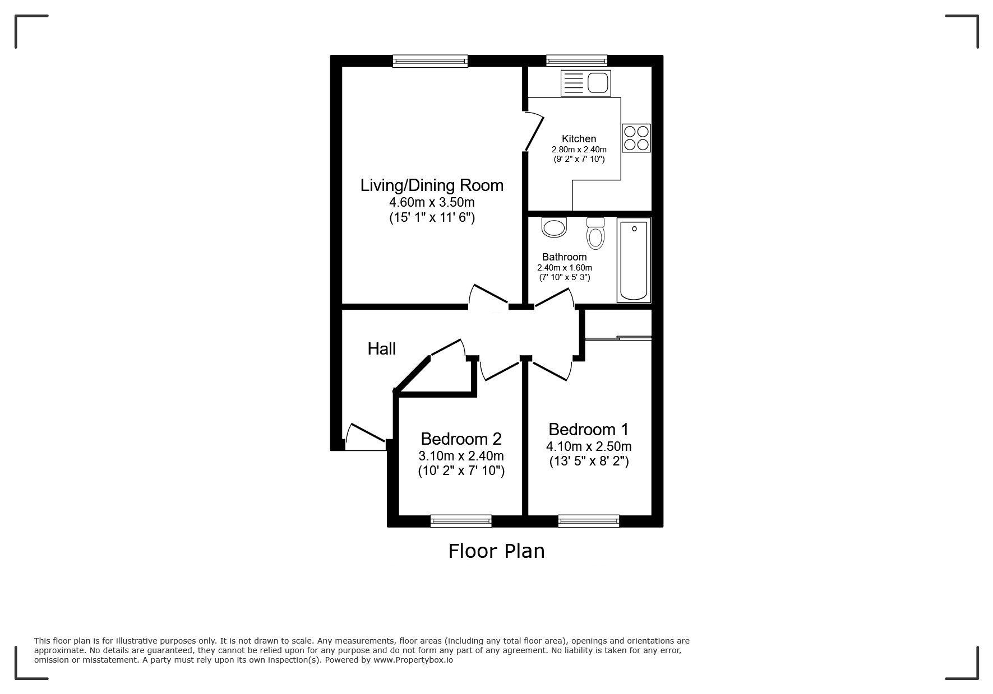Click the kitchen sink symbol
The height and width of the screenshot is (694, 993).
[585, 83]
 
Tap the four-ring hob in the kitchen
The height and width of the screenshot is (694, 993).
[636, 138]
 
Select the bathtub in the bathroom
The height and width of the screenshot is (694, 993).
[634, 259]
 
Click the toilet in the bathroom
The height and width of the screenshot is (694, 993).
[595, 233]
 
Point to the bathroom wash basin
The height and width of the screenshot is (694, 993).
[555, 227]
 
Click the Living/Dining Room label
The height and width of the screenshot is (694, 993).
[432, 185]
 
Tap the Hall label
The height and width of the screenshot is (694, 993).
[381, 349]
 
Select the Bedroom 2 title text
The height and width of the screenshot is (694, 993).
[461, 439]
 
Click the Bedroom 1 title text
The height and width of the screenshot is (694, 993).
[588, 430]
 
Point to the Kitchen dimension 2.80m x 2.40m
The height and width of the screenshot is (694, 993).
[579, 150]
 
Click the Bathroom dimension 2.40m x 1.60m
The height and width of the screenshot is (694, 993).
[564, 268]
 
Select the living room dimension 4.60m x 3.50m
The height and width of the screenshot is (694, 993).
[432, 202]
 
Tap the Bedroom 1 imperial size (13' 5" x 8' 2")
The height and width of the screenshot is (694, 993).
[588, 462]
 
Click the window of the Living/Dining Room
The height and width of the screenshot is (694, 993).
[430, 61]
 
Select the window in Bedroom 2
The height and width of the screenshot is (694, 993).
[461, 521]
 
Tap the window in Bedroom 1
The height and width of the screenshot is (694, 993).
[588, 521]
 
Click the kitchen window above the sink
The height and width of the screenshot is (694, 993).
[576, 60]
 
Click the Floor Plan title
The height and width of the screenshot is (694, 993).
[496, 551]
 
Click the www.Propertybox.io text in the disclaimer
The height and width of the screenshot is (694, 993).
[413, 660]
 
